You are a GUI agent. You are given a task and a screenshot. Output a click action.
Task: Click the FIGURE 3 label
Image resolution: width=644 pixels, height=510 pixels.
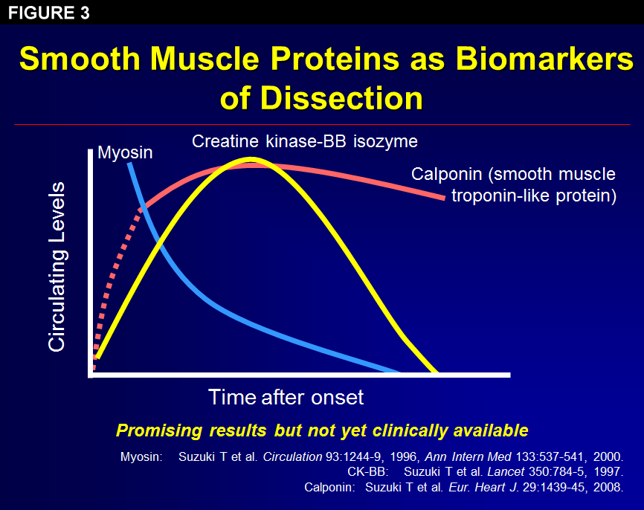click(49, 13)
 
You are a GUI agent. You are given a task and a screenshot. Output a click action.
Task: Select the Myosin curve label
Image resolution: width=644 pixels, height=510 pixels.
click(125, 153)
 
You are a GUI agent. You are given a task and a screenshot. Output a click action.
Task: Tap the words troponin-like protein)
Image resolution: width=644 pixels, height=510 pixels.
click(534, 196)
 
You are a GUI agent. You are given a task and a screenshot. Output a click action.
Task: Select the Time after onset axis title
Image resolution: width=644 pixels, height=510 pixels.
click(286, 397)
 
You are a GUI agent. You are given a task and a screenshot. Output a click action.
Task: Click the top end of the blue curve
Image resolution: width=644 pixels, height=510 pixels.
click(129, 164)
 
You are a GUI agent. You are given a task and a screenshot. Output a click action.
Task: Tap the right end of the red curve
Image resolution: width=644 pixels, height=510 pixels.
click(445, 197)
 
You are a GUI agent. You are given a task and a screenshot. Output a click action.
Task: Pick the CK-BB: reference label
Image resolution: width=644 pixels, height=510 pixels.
click(371, 472)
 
